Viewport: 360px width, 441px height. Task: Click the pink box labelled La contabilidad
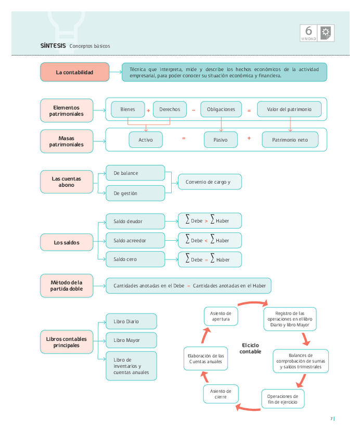point(74,72)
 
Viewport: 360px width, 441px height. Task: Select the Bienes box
point(127,109)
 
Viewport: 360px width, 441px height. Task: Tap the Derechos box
point(170,109)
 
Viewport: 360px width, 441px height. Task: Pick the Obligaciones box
point(221,109)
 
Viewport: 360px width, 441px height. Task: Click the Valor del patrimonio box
point(289,109)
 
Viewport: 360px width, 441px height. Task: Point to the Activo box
point(146,140)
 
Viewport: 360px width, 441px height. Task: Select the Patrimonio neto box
point(290,140)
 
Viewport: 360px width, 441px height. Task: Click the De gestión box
point(135,193)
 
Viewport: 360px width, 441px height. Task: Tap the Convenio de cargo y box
point(210,182)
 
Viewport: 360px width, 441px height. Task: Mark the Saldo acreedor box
point(135,241)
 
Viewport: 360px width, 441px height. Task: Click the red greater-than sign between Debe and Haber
point(206,222)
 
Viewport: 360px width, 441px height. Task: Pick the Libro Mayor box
point(131,341)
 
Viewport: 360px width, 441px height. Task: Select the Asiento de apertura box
point(221,316)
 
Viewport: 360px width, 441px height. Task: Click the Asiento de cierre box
point(221,394)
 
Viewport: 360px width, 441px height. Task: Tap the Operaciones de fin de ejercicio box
point(282,399)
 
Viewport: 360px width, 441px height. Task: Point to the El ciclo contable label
point(250,348)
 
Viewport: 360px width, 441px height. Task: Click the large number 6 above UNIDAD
point(308,31)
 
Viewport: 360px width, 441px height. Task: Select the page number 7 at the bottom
point(331,419)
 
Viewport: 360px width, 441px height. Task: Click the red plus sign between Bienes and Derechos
point(148,110)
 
